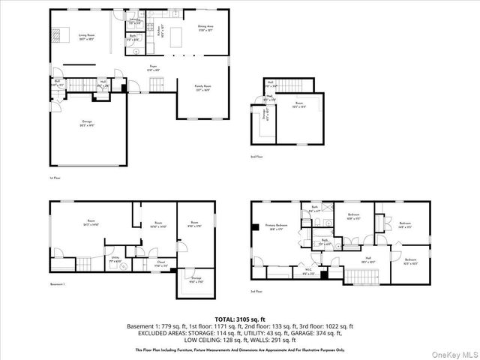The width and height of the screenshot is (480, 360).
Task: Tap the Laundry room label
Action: tap(135, 21)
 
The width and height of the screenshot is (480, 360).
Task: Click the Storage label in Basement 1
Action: tap(195, 279)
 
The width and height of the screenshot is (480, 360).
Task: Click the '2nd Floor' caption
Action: tap(257, 157)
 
